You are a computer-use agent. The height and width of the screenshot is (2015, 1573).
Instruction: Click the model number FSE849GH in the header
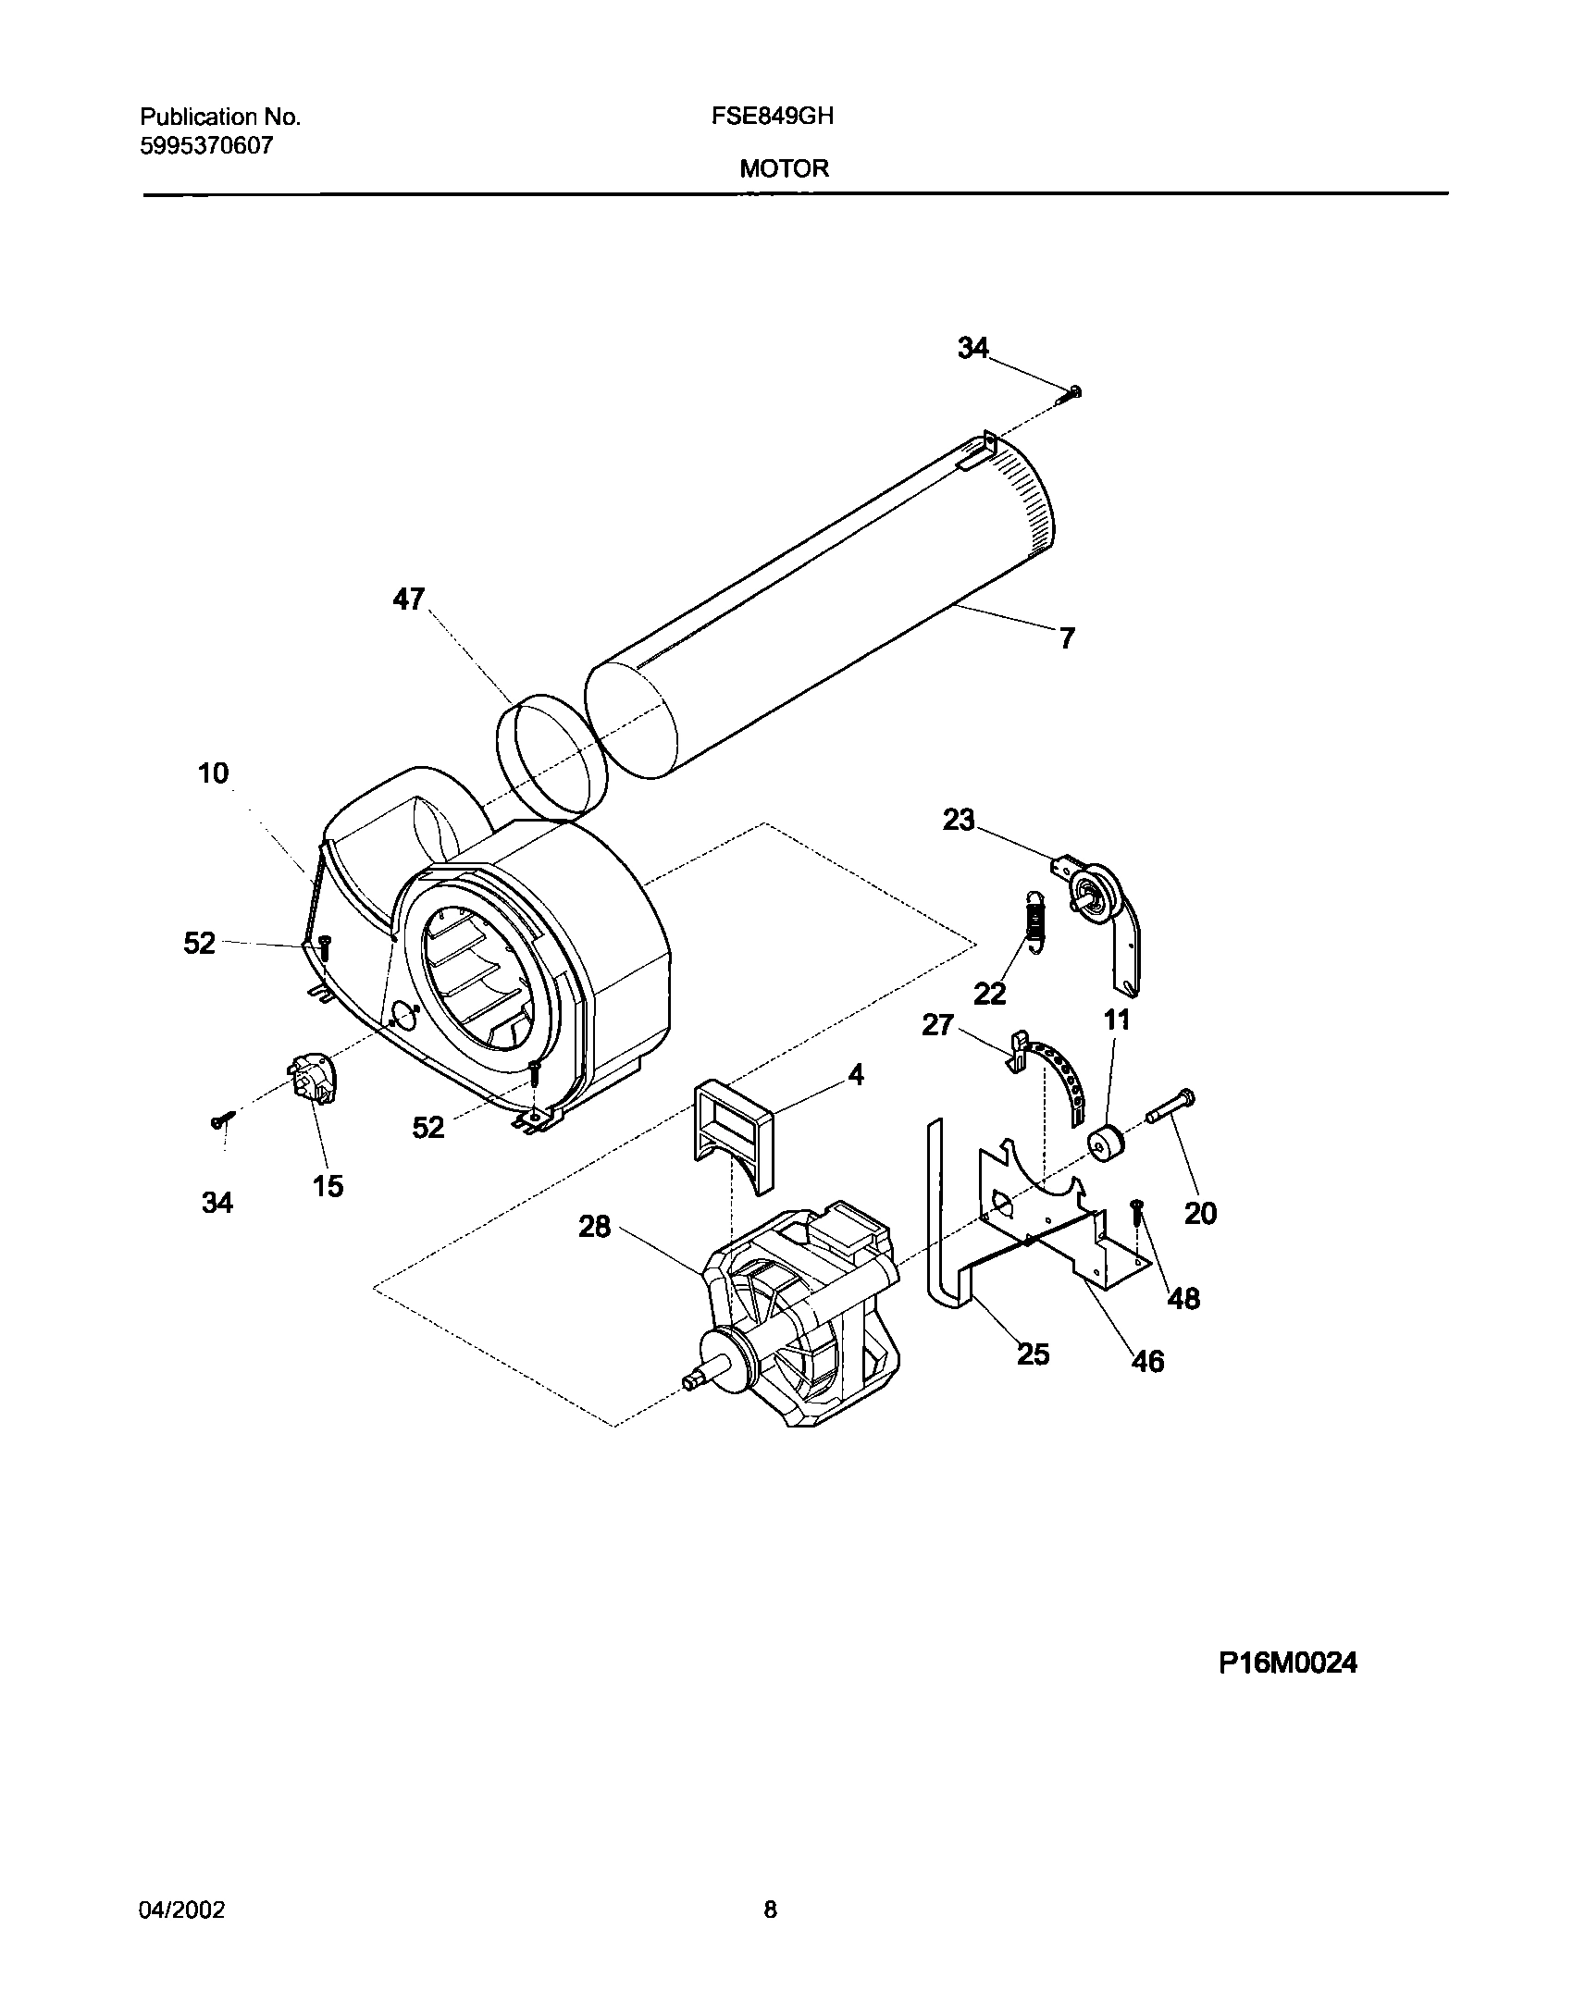[x=786, y=117]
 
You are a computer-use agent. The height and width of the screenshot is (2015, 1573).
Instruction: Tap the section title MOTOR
[x=784, y=169]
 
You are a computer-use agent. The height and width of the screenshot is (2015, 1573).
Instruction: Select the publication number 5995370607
[x=206, y=146]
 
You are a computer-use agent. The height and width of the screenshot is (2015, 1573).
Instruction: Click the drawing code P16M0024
[x=1287, y=1663]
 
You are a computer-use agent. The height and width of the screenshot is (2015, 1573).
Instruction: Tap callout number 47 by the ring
[x=408, y=600]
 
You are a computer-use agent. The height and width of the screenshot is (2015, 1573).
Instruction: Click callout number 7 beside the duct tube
[x=1067, y=638]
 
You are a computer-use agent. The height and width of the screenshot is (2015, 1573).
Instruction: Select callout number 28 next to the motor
[x=595, y=1227]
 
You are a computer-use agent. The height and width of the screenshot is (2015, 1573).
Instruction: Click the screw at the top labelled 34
[x=1071, y=395]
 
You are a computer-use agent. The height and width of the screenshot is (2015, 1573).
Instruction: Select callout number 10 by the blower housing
[x=213, y=773]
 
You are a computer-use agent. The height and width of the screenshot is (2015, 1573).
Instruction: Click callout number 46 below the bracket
[x=1147, y=1361]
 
